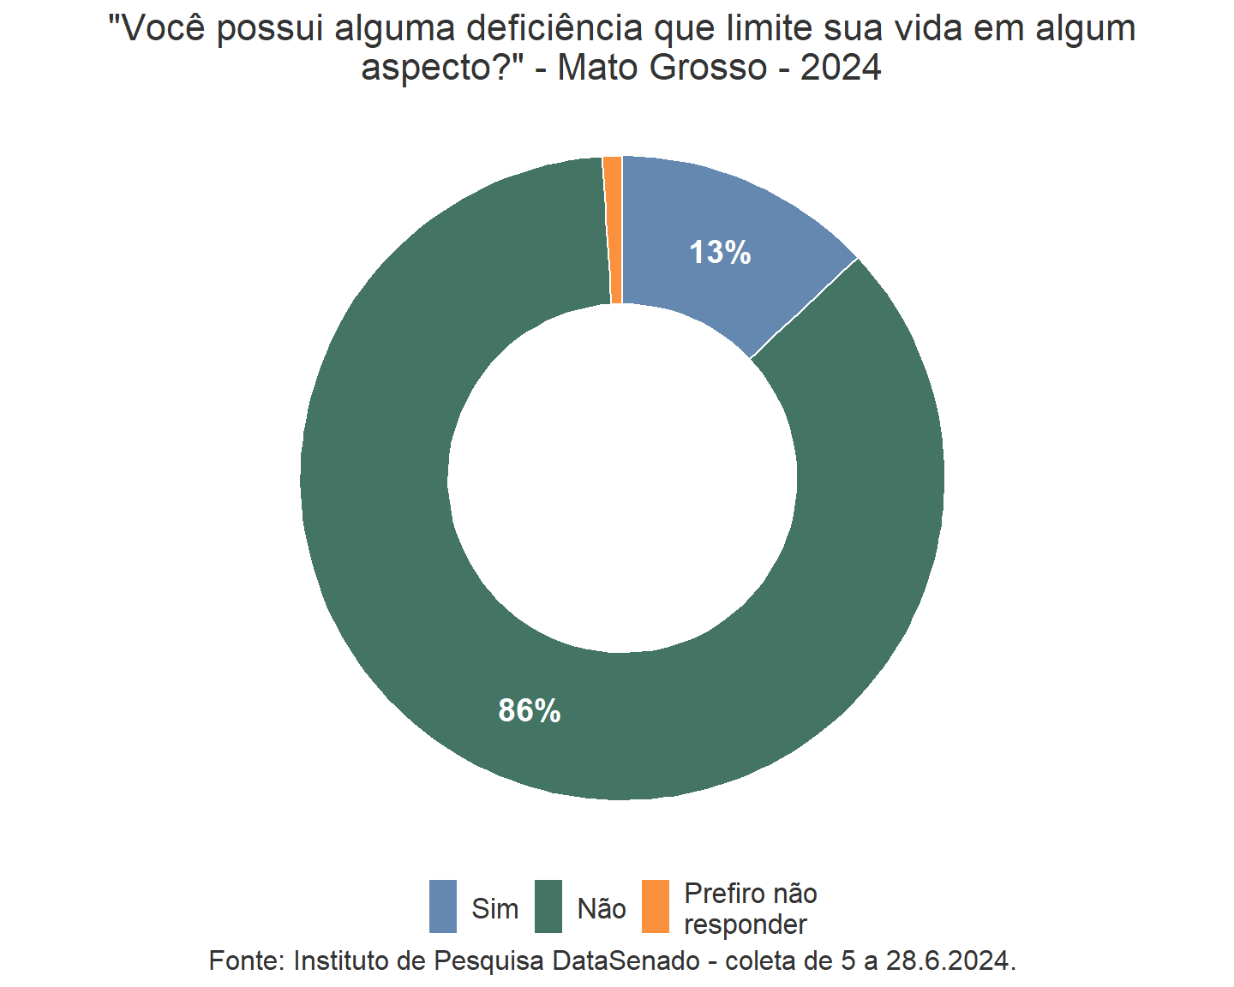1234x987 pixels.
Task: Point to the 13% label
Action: click(x=720, y=253)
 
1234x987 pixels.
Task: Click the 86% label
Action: click(x=530, y=710)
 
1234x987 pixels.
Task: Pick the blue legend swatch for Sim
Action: click(x=443, y=906)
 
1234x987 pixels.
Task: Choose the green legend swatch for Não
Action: click(x=548, y=906)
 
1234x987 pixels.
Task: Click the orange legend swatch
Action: click(x=656, y=906)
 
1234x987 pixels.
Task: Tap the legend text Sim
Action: click(x=494, y=908)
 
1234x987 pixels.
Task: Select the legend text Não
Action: click(x=602, y=908)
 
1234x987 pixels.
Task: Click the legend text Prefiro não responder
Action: click(x=750, y=909)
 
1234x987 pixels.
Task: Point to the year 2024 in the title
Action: click(x=841, y=68)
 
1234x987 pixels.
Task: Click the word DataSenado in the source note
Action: click(x=626, y=960)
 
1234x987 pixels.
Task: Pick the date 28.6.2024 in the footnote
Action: click(x=950, y=960)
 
